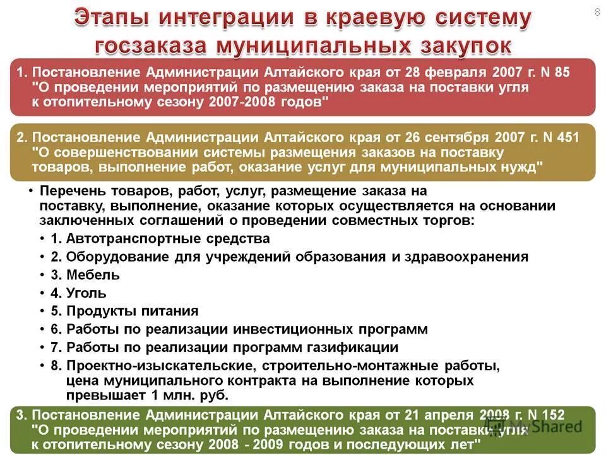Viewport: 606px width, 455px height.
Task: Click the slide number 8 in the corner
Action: (x=597, y=13)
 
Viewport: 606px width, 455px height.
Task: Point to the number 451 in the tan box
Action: (x=566, y=137)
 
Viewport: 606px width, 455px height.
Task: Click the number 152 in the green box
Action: (x=552, y=415)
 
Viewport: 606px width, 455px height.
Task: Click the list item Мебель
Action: (x=93, y=275)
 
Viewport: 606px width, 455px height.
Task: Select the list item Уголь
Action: (x=86, y=293)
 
